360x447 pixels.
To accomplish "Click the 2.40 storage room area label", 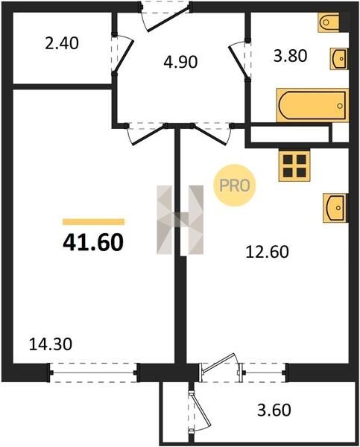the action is (62, 44).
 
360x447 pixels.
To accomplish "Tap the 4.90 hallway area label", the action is (180, 62).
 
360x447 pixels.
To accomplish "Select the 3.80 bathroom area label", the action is (290, 56).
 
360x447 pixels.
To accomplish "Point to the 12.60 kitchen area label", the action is (267, 252).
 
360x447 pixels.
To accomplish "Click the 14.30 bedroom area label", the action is (51, 344).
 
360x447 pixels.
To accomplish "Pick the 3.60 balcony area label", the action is (274, 410).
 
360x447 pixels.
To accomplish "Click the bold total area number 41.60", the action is (93, 242).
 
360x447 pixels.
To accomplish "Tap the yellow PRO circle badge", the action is (235, 186).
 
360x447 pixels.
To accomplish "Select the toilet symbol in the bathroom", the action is (329, 22).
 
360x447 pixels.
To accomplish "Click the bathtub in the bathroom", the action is (312, 105).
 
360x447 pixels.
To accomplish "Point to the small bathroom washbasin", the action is (339, 59).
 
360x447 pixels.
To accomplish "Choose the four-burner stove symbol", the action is (294, 166).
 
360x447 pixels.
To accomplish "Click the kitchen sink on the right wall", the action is (335, 208).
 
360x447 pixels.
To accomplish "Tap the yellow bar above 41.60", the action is (94, 222).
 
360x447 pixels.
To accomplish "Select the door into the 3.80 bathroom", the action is (239, 60).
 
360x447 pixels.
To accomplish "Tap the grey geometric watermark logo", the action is (180, 220).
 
